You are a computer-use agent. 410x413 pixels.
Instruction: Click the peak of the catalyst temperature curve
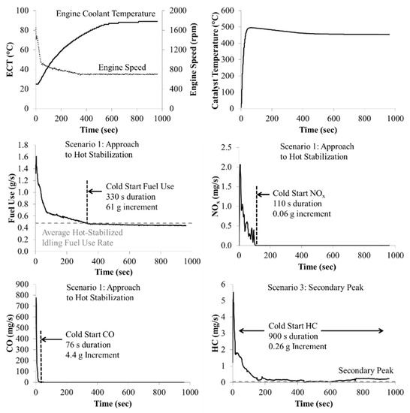point(249,28)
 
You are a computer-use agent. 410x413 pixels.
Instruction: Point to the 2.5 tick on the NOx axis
point(226,146)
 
